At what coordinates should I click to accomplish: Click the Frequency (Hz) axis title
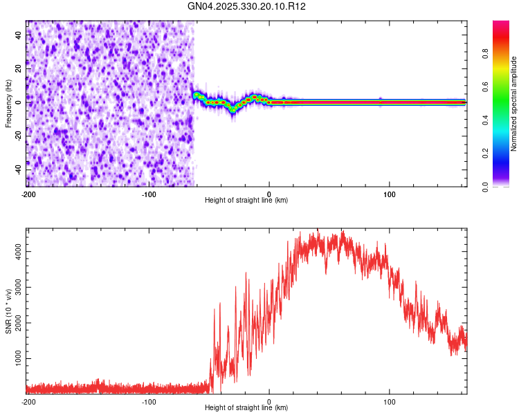[x=8, y=103]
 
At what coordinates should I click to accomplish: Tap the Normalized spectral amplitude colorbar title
[x=514, y=104]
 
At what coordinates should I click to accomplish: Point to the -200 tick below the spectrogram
[x=28, y=194]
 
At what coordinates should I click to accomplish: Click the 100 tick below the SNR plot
[x=389, y=402]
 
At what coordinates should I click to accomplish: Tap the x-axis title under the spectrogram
[x=246, y=201]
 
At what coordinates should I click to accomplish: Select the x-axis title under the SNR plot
[x=246, y=409]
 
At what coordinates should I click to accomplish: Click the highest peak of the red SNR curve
[x=342, y=232]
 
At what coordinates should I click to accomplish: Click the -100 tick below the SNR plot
[x=149, y=402]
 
